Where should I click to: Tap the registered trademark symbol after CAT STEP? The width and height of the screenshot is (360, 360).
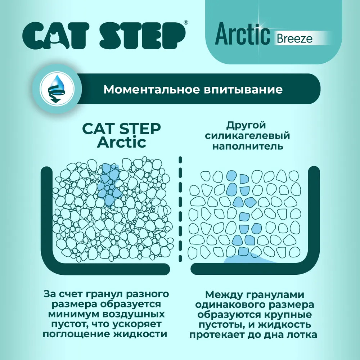click(186, 22)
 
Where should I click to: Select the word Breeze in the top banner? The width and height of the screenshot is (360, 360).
click(294, 39)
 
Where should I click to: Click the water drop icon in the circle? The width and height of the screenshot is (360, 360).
click(57, 89)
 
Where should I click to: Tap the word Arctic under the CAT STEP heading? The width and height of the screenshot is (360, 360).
click(121, 142)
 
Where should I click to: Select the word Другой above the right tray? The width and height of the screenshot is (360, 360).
click(246, 125)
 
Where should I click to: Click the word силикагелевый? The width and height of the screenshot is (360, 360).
click(247, 135)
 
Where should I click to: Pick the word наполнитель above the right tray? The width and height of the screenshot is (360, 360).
click(248, 146)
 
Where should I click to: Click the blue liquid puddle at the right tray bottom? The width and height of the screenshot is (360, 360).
click(248, 258)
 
